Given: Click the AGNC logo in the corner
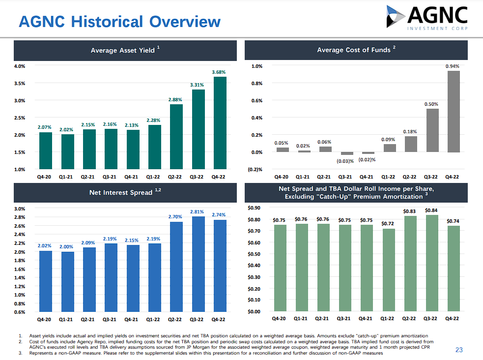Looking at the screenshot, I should tap(426, 18).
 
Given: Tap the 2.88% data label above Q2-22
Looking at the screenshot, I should tap(175, 99).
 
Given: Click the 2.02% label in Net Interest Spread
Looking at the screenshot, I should tap(45, 245).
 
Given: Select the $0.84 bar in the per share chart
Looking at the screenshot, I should tap(430, 263).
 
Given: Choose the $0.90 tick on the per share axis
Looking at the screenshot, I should tap(256, 208).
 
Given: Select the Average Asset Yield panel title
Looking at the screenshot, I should tap(125, 50).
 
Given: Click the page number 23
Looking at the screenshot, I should tap(459, 350).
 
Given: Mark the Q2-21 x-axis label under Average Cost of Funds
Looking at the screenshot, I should tap(324, 177).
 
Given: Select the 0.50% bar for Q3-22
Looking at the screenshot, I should tap(432, 130).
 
